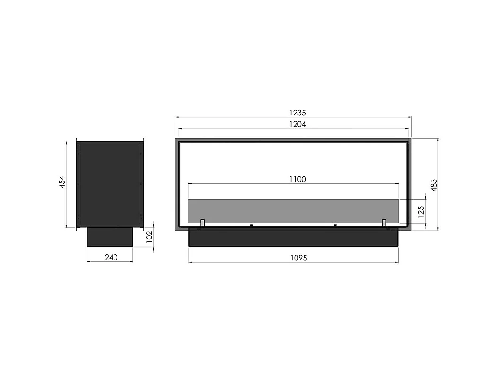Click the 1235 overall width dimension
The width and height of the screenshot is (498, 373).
pyautogui.click(x=298, y=113)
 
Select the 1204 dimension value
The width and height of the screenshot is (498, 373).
pyautogui.click(x=298, y=124)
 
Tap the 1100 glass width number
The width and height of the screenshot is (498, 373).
pyautogui.click(x=297, y=179)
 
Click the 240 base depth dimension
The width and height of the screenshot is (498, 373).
pyautogui.click(x=111, y=258)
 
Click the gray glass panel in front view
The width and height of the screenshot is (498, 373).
pyautogui.click(x=293, y=210)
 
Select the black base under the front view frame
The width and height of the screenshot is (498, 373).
pyautogui.click(x=293, y=237)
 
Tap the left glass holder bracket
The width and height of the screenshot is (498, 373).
pyautogui.click(x=202, y=223)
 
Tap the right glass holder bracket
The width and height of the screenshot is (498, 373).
pyautogui.click(x=384, y=223)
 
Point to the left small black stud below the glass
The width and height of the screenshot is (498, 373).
pyautogui.click(x=252, y=225)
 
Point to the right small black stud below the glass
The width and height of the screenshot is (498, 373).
pyautogui.click(x=335, y=225)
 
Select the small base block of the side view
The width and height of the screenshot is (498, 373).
pyautogui.click(x=110, y=237)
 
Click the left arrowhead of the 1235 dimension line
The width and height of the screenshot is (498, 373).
pyautogui.click(x=177, y=117)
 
